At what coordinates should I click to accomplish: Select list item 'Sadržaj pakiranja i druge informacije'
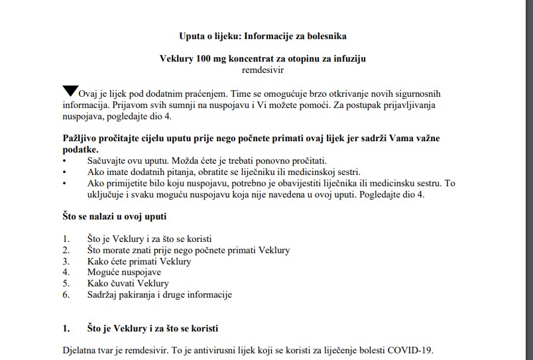tap(159, 294)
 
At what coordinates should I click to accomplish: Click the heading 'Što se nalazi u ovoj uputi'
tap(109, 216)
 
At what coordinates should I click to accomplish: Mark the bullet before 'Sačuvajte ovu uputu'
tap(64, 161)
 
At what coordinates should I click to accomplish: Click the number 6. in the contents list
tap(66, 294)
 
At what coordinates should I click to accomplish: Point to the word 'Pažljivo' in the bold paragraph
tap(79, 139)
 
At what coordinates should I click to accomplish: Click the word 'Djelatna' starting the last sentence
tap(79, 350)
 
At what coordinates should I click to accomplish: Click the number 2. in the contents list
tap(66, 250)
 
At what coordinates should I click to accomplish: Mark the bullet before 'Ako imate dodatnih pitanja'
tap(64, 172)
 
